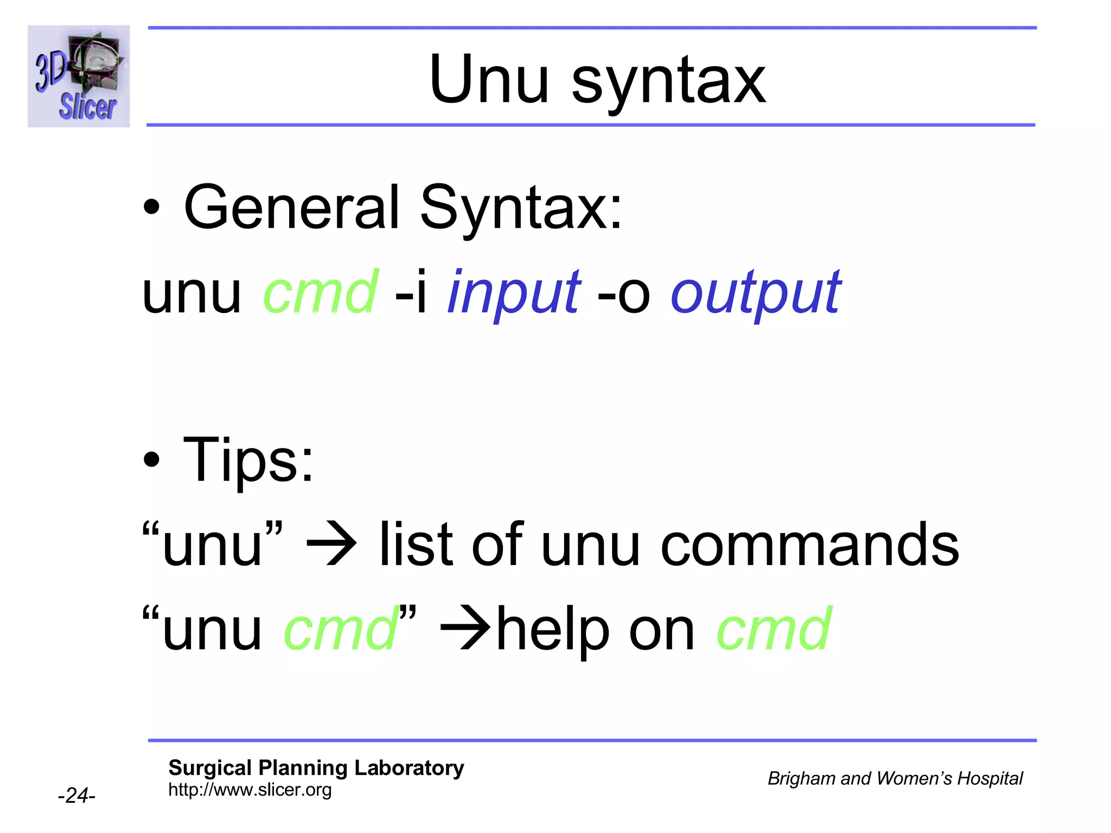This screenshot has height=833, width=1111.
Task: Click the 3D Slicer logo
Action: point(79,76)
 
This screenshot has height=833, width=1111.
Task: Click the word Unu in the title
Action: point(488,80)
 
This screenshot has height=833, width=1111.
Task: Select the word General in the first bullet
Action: point(292,207)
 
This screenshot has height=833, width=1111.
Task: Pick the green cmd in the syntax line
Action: point(320,293)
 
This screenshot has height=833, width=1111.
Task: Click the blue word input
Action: point(514,294)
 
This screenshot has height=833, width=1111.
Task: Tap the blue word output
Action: point(756,294)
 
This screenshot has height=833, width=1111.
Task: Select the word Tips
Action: point(248,460)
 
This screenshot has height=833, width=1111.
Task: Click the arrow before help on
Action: point(465,629)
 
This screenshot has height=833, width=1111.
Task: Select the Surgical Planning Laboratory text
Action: point(316,768)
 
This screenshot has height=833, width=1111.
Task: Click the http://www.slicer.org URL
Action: point(250,790)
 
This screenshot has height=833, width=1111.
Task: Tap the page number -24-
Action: point(76,796)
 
